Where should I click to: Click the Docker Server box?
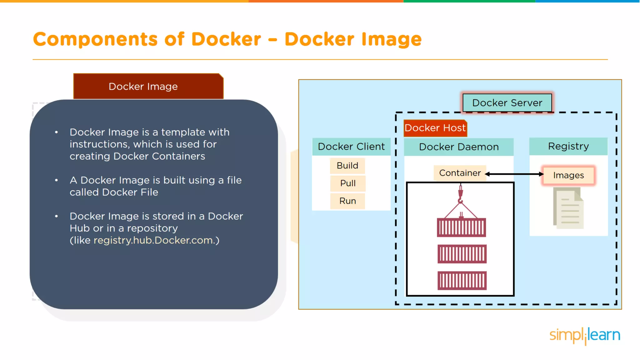(x=507, y=103)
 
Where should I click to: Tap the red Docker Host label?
(x=435, y=128)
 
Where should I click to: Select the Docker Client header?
(x=351, y=147)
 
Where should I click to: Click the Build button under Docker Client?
(x=347, y=166)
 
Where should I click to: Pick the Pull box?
(x=348, y=183)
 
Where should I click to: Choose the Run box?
(x=348, y=201)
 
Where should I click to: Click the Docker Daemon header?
(x=459, y=147)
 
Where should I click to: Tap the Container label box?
(x=460, y=173)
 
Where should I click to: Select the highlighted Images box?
(x=568, y=175)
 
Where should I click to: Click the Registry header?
(x=568, y=146)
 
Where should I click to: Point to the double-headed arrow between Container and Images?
(x=514, y=174)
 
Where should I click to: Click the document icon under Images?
(x=568, y=208)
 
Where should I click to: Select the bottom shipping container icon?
(x=462, y=281)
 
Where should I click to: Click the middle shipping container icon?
(x=462, y=254)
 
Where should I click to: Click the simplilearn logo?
(x=585, y=335)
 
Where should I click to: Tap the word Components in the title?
(x=96, y=39)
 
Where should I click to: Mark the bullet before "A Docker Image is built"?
(x=57, y=180)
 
